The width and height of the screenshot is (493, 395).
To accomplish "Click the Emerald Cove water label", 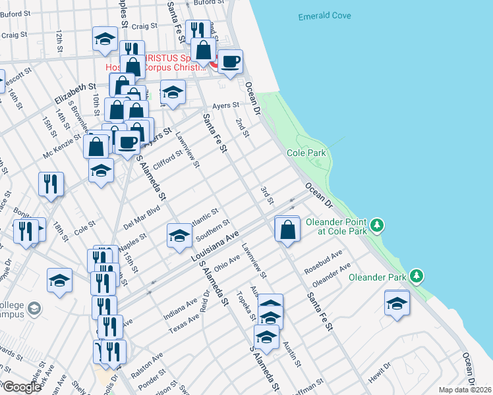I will (x=324, y=16).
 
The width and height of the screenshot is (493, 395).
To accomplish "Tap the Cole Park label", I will (x=306, y=153).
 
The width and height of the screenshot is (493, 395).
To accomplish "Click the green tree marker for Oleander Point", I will (x=376, y=225).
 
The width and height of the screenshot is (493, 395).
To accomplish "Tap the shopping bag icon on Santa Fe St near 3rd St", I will (x=287, y=230).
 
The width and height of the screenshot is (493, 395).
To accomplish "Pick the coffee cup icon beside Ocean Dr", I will (x=230, y=63).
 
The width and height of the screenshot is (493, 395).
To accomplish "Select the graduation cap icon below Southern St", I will (x=179, y=236).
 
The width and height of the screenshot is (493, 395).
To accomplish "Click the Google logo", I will (x=22, y=387).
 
